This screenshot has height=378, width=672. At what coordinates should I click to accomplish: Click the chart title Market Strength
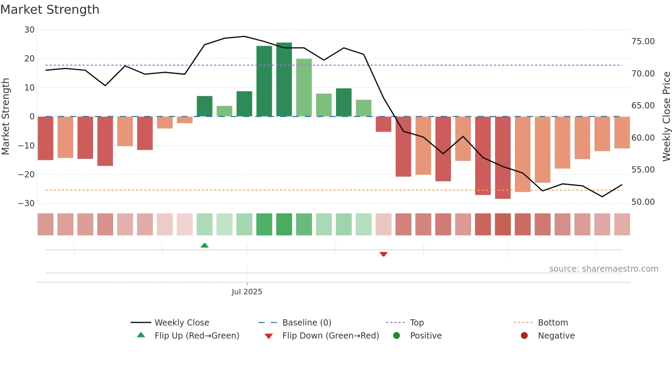50,10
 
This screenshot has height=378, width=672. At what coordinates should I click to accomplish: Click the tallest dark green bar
284,80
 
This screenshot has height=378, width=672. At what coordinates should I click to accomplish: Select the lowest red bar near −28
503,158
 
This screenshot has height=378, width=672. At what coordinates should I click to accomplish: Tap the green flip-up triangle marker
204,245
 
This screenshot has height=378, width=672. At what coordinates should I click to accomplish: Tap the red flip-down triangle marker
383,254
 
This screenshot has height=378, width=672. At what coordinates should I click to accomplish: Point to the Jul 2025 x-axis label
247,292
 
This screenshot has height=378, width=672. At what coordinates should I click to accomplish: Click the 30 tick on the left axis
29,30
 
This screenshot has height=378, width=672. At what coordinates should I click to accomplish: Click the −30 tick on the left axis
26,203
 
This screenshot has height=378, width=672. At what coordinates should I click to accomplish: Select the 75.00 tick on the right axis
643,42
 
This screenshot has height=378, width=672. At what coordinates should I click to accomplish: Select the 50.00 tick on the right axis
643,202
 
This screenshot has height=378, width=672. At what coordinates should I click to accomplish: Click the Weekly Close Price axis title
666,117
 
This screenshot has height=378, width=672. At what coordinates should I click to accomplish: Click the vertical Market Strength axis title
6,117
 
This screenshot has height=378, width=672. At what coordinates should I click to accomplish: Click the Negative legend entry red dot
524,336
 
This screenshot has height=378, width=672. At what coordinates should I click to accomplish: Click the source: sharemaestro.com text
603,269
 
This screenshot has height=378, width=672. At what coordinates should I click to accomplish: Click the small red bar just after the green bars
383,124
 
